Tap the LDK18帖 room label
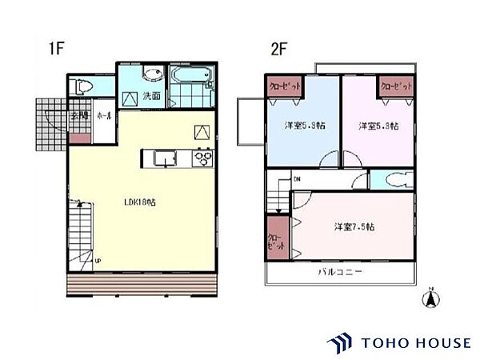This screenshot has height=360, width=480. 140,202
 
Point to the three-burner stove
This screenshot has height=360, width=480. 201,158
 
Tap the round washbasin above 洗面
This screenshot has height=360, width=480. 149,76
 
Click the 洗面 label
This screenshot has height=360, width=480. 152,97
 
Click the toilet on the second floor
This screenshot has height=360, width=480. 394,179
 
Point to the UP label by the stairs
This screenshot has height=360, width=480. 98,261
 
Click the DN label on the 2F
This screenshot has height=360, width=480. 296,178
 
